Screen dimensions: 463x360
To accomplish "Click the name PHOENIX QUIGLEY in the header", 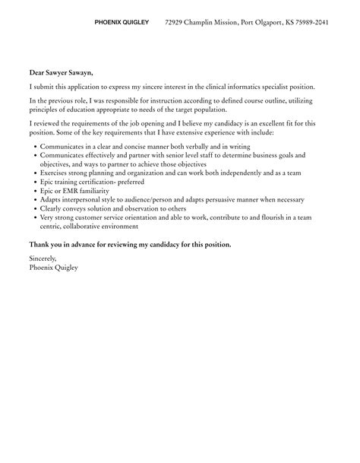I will coord(122,23).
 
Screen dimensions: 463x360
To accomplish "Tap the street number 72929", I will coord(176,23).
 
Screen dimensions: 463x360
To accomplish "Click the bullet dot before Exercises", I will coord(33,173).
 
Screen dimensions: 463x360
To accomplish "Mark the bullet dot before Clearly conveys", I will coord(33,209).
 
